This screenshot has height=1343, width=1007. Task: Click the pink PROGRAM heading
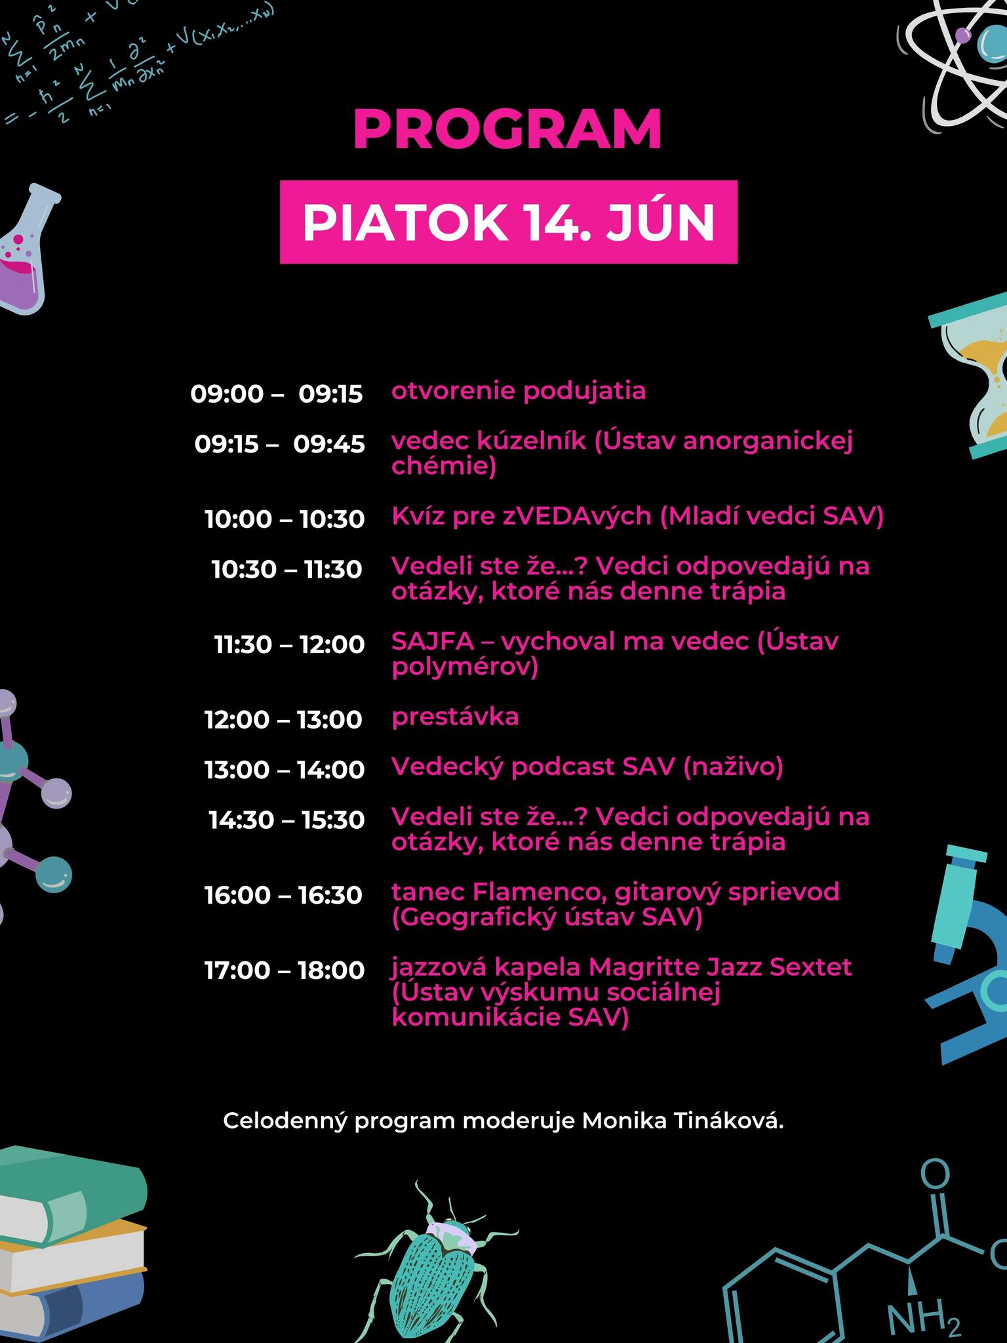tap(507, 130)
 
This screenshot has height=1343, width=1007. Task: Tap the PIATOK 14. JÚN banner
tap(508, 222)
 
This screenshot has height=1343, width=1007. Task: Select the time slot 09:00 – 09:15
tap(277, 393)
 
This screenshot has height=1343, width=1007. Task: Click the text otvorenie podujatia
tap(519, 391)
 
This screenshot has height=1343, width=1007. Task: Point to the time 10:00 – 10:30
tap(285, 519)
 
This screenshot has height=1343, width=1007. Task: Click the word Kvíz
tap(418, 516)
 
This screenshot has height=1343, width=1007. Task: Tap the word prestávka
tap(455, 717)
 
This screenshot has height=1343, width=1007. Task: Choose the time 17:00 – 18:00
tap(285, 970)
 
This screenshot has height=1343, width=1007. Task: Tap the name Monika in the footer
tap(614, 1121)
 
